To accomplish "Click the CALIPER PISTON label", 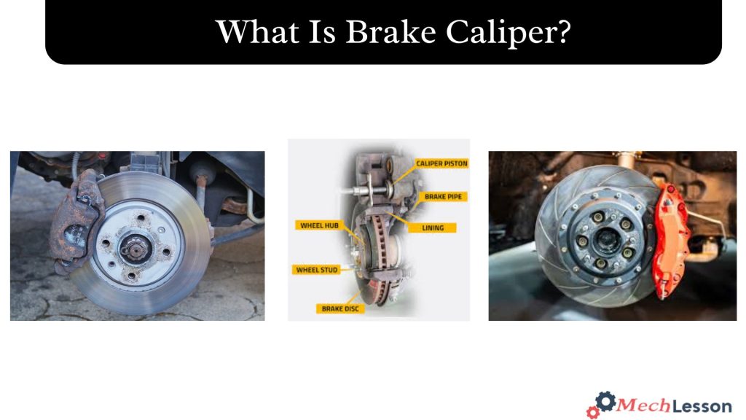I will [441, 164].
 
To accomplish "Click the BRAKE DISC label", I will [339, 308].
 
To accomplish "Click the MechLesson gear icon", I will [602, 404].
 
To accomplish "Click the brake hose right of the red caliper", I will [710, 226].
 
